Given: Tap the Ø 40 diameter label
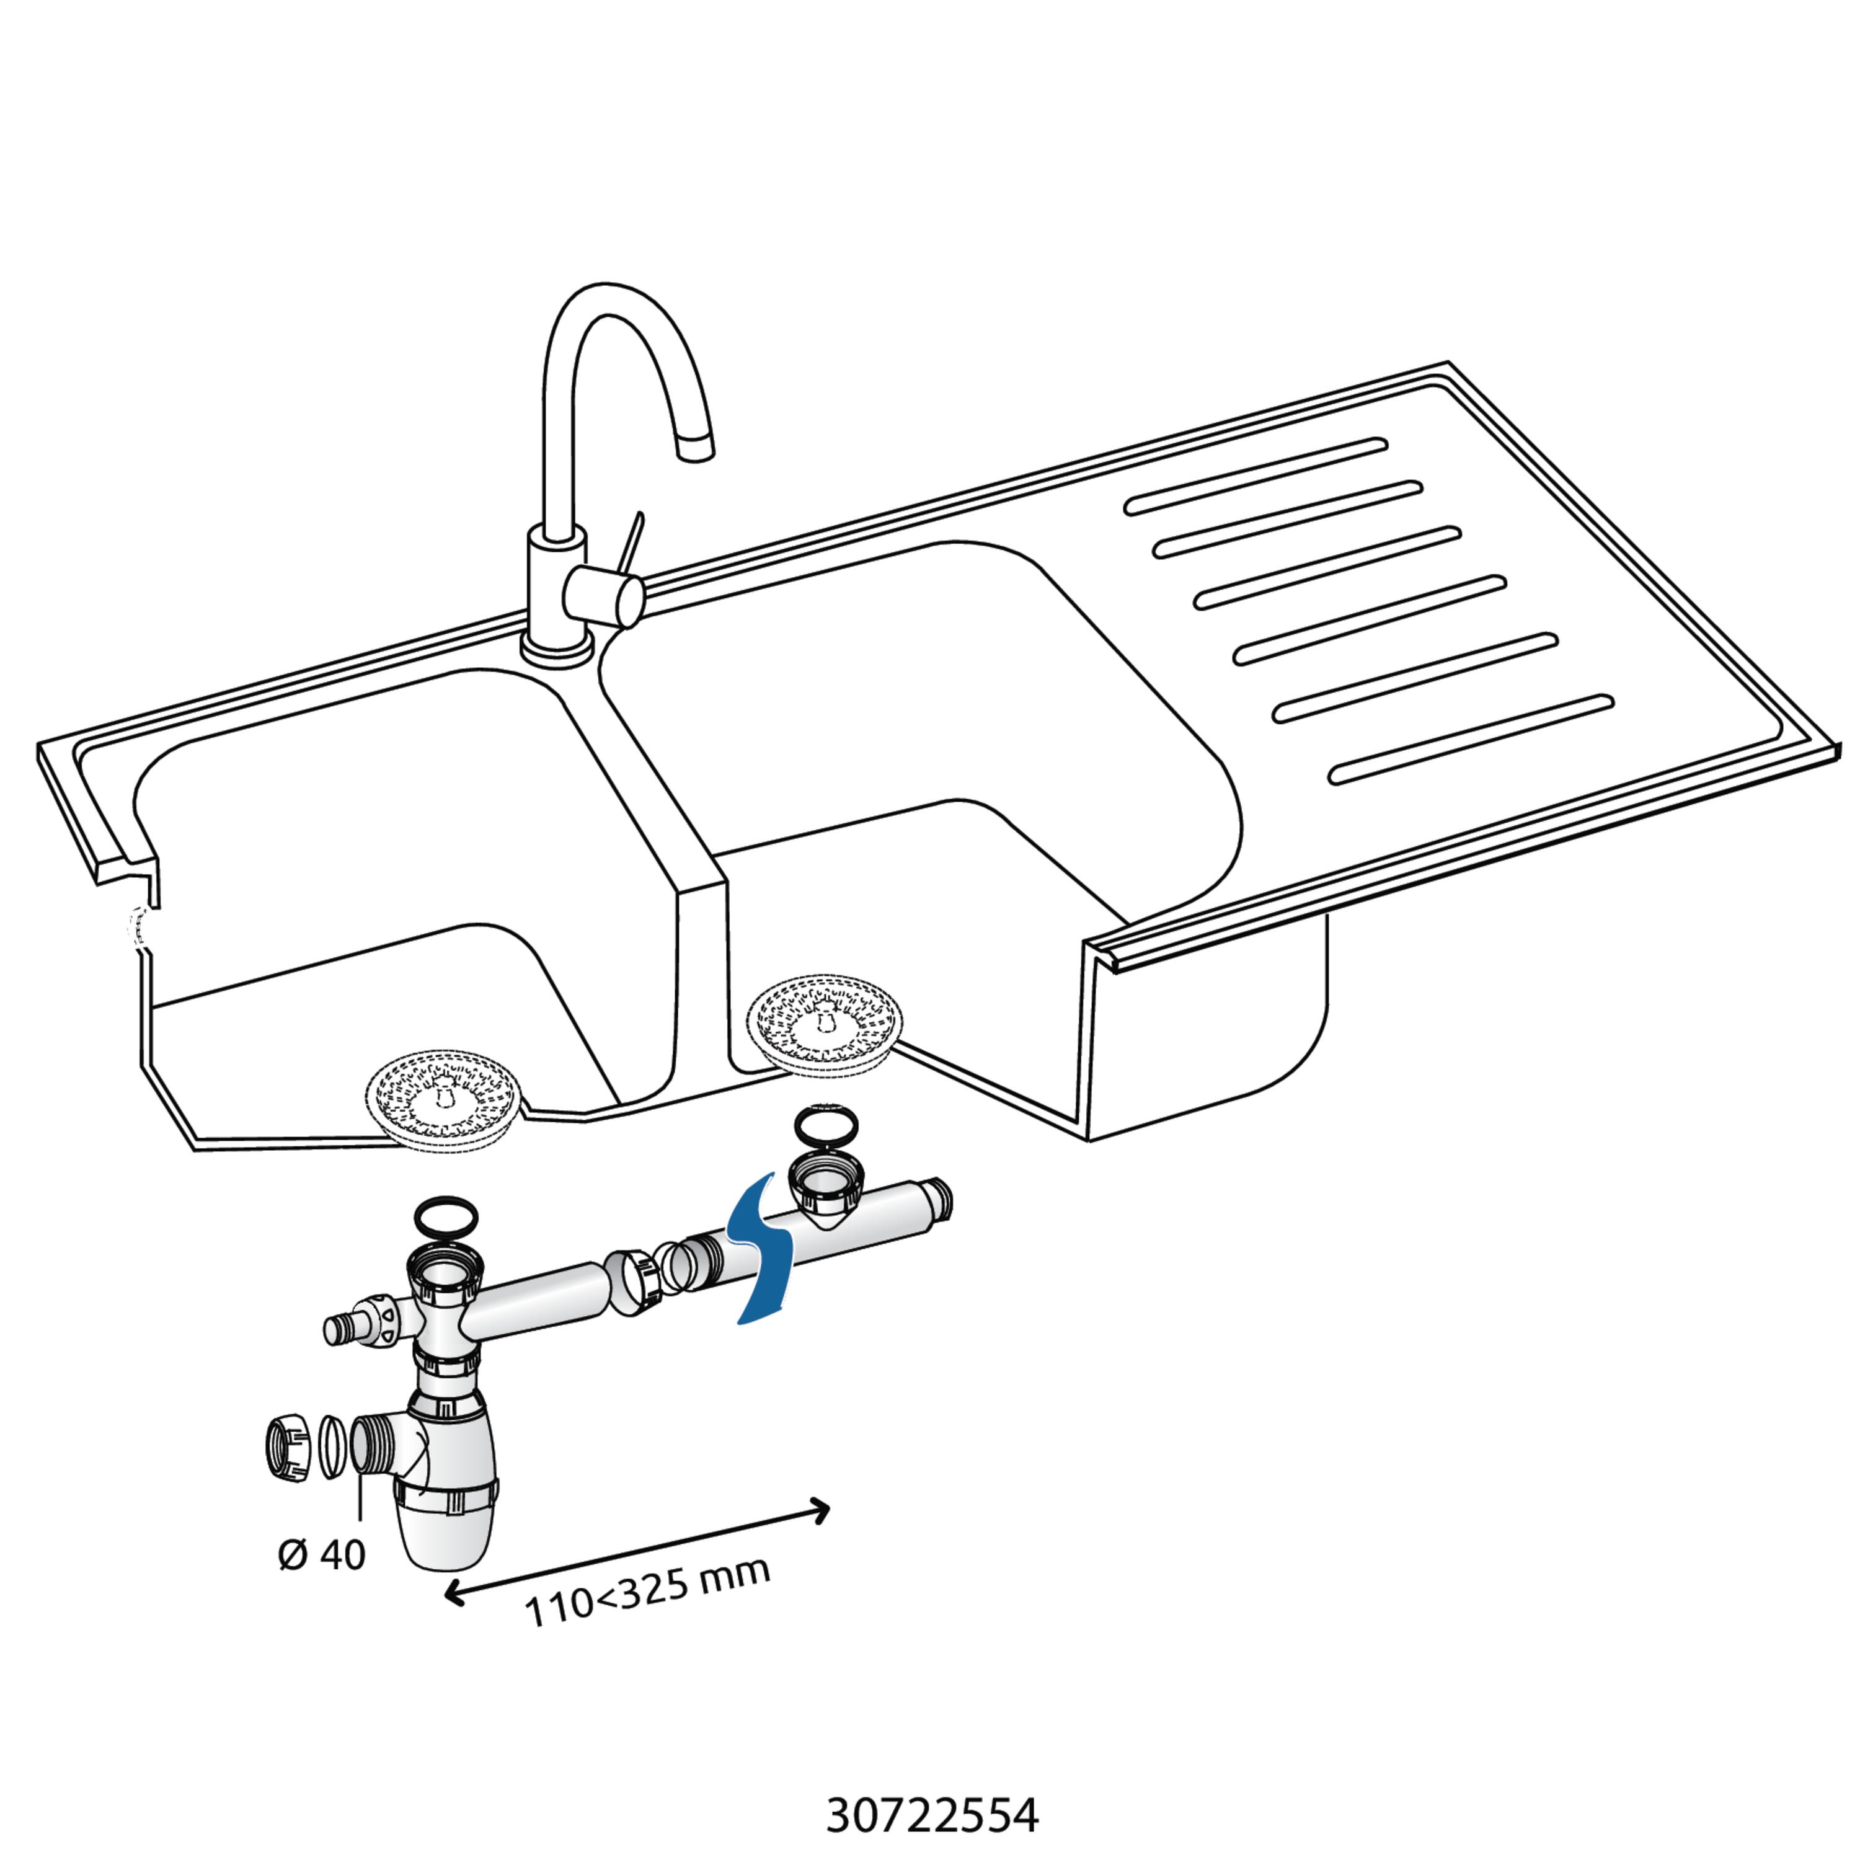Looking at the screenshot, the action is [x=322, y=1555].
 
